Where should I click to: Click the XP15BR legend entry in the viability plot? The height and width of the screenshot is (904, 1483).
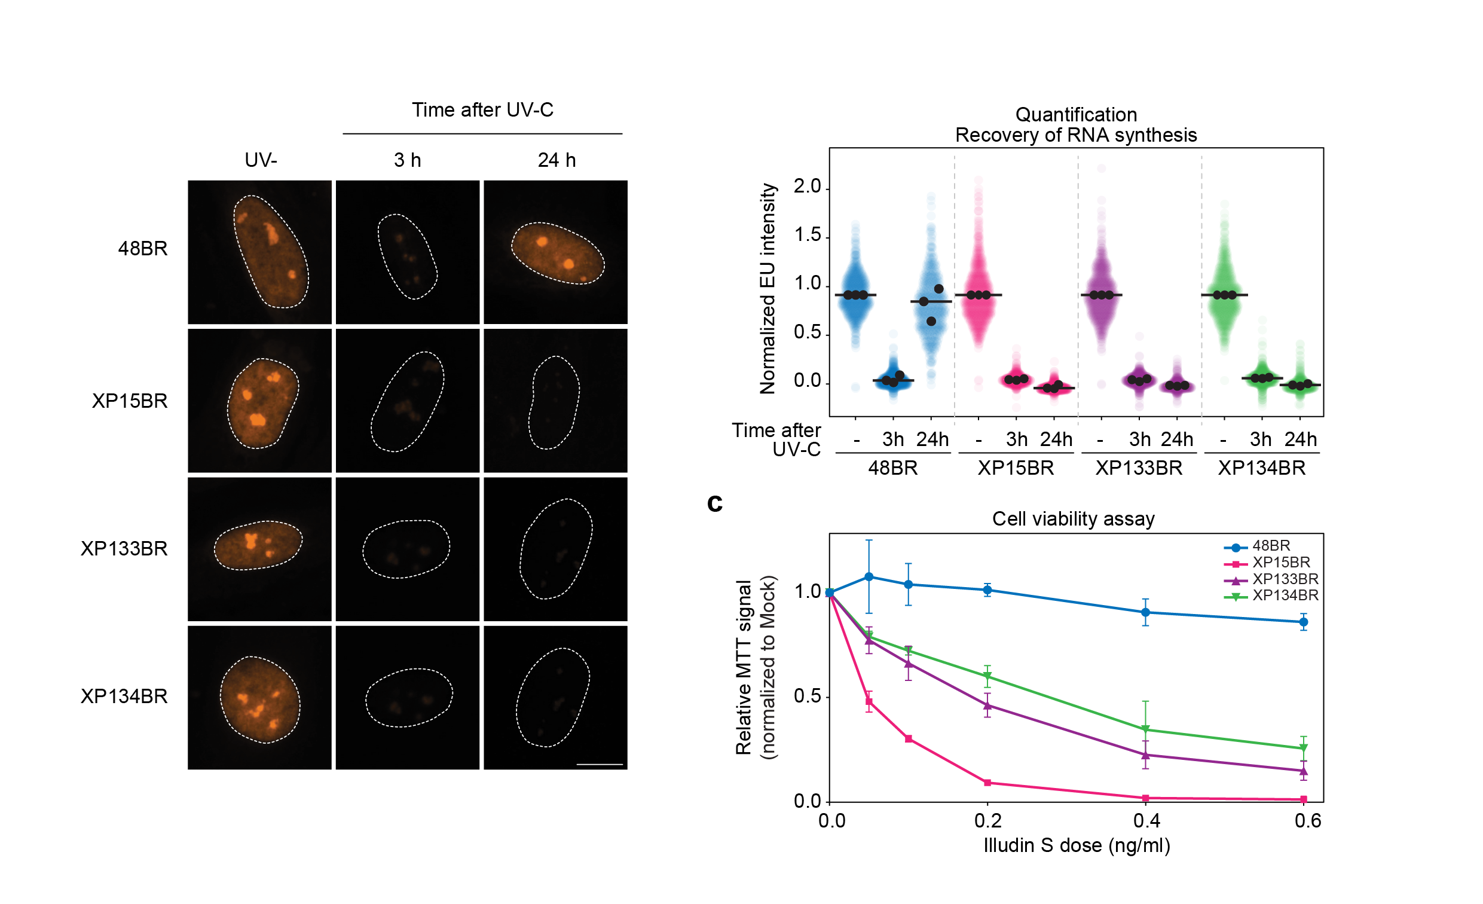[x=1281, y=563]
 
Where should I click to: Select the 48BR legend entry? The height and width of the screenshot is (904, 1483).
[x=1271, y=546]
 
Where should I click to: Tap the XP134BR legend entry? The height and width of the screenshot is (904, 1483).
[x=1285, y=595]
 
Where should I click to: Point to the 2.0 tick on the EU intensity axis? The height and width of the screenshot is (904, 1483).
[x=807, y=187]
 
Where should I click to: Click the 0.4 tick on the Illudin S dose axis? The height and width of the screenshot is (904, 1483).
[x=1146, y=821]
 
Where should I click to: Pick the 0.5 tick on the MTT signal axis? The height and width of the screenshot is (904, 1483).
[x=807, y=697]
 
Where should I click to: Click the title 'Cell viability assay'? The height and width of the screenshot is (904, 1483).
[x=1073, y=519]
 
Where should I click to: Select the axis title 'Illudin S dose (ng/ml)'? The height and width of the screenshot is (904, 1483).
[x=1076, y=845]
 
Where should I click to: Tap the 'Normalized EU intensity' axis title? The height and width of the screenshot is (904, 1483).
[x=768, y=289]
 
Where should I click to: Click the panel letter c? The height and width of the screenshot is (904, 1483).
[x=714, y=503]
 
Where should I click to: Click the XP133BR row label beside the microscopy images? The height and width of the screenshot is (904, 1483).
[x=124, y=549]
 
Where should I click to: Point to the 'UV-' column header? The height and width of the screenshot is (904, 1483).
[x=261, y=160]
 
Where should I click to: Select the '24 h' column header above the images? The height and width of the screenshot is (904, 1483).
[x=556, y=160]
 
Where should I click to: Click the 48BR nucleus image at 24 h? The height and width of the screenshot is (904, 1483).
[x=555, y=252]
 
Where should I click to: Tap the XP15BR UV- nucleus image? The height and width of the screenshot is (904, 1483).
[x=259, y=401]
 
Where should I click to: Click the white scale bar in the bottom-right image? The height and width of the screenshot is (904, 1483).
[x=600, y=764]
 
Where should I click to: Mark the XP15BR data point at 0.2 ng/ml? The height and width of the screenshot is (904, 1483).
[x=987, y=783]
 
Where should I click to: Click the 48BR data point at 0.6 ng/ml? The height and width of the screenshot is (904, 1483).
[x=1304, y=622]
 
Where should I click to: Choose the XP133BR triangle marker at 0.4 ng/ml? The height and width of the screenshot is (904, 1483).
[x=1145, y=755]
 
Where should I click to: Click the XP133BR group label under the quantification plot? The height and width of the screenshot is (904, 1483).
[x=1139, y=468]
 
